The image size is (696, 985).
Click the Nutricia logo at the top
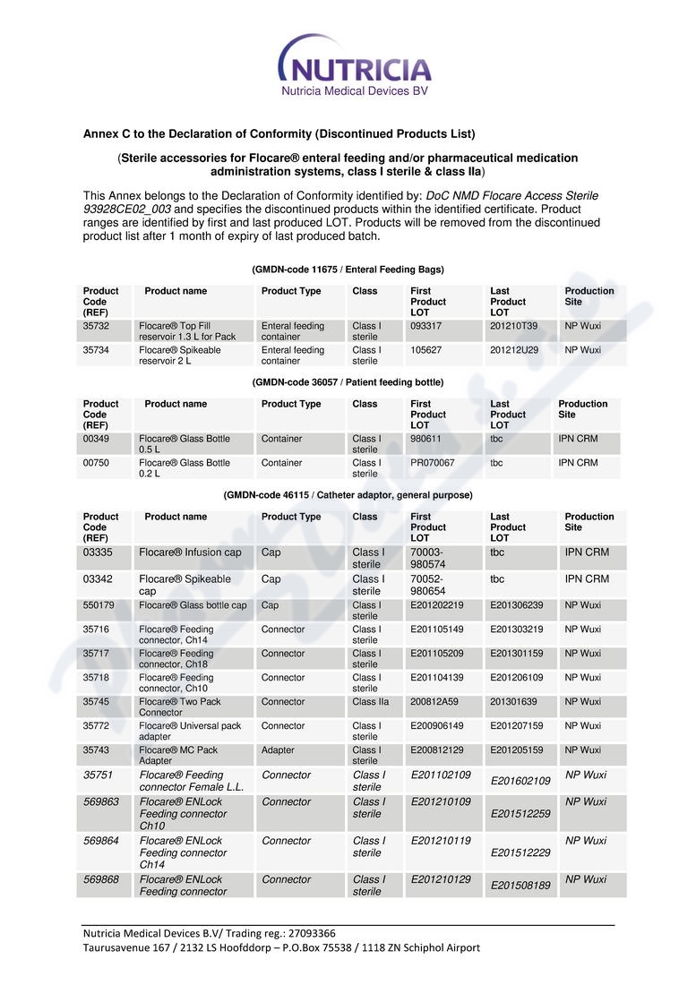355,64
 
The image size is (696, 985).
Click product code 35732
96,326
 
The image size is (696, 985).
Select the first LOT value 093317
426,326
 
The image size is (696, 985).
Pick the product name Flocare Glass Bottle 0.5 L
185,444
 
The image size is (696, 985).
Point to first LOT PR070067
433,463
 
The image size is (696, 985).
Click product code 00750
96,463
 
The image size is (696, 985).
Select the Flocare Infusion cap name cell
190,552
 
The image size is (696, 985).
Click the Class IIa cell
371,702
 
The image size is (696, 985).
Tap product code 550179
99,605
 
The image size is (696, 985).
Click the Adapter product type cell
278,750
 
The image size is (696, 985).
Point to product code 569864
101,841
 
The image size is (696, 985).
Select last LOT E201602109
520,781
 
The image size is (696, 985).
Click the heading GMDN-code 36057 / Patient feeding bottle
348,382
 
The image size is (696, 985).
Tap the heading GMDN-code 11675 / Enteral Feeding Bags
348,270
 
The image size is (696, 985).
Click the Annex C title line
279,134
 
